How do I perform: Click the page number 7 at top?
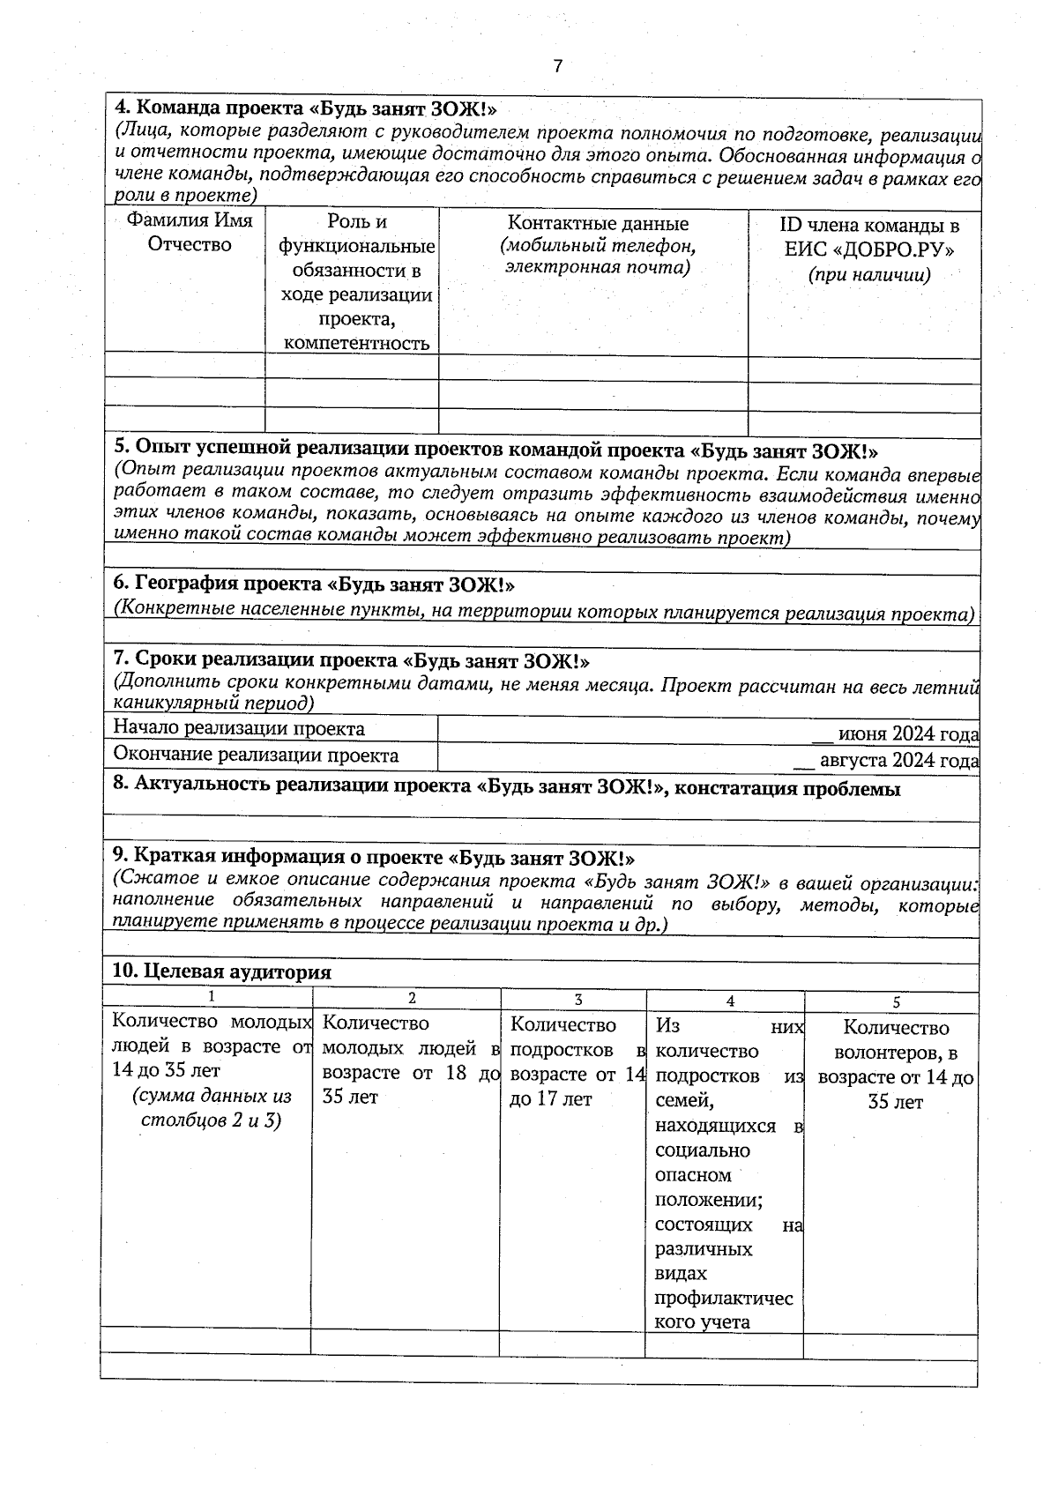[x=556, y=66]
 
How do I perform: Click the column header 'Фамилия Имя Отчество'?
[x=190, y=233]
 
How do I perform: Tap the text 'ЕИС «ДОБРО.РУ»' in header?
[x=869, y=249]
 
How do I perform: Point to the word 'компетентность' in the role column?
[x=357, y=343]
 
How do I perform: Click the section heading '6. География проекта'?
[x=314, y=584]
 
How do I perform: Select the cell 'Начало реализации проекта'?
[x=239, y=728]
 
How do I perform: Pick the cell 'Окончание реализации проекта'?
[x=256, y=755]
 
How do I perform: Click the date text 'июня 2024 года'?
[x=907, y=734]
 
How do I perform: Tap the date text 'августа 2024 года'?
[x=898, y=761]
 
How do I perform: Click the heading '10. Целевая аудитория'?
[x=221, y=971]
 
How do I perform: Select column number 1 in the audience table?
[x=211, y=997]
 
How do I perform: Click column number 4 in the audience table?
[x=730, y=1001]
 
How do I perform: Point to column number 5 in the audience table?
[x=896, y=1002]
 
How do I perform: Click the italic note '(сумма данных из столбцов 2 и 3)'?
[x=212, y=1109]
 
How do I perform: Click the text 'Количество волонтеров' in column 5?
[x=896, y=1039]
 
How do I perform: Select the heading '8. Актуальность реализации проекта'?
[x=507, y=788]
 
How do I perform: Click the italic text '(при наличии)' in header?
[x=869, y=274]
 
